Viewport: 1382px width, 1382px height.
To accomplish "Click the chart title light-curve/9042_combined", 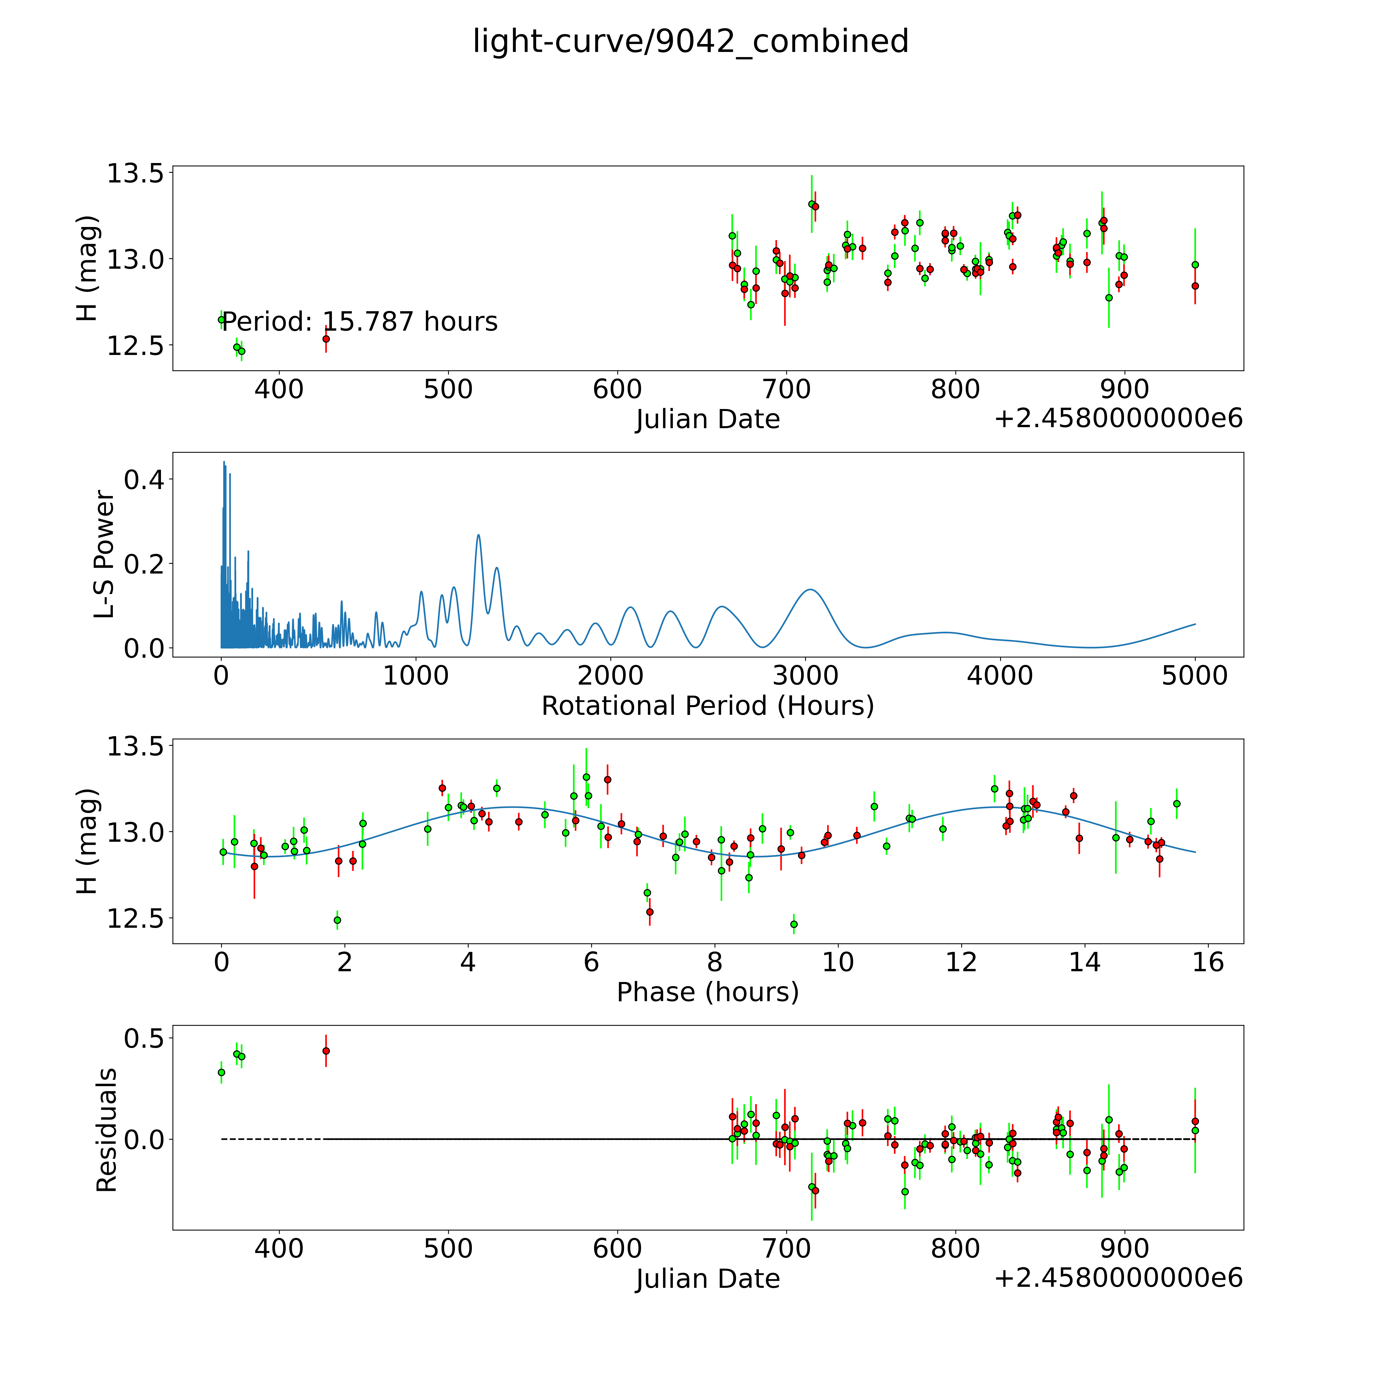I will (x=690, y=41).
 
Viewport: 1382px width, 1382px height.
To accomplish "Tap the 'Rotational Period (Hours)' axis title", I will (x=707, y=706).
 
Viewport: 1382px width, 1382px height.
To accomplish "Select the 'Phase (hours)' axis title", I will (x=707, y=992).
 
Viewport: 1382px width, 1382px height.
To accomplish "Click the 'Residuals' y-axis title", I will (x=106, y=1130).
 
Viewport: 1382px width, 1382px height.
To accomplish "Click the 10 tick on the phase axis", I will (x=838, y=962).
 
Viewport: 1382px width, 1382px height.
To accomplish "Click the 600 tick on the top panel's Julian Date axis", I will (x=617, y=390).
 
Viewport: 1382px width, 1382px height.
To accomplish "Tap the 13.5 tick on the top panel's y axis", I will (x=134, y=173).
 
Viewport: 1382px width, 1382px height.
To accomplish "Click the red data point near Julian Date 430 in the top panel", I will (x=326, y=339).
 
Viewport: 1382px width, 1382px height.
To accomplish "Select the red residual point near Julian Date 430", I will (x=326, y=1051).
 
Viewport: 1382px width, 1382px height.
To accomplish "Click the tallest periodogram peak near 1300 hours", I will (x=479, y=535).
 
